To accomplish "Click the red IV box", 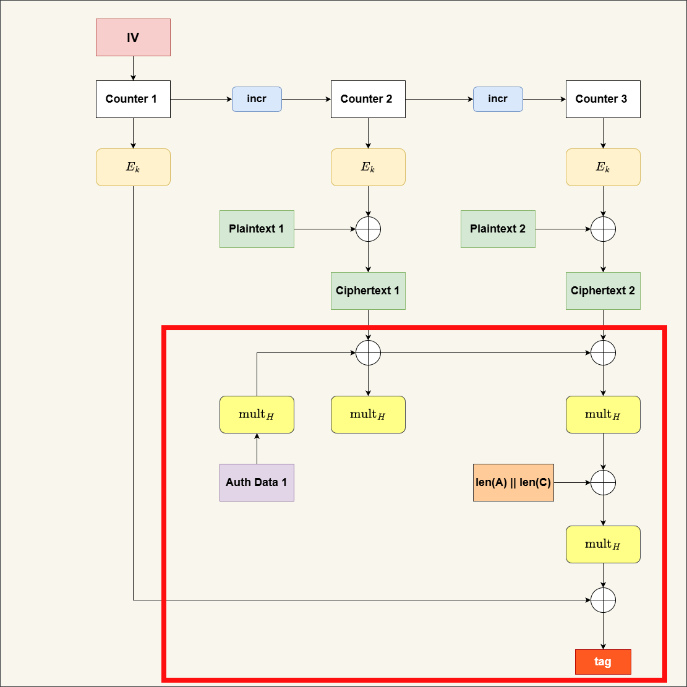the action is (x=133, y=37).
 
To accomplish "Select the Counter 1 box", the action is (x=133, y=99).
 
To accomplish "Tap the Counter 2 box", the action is (x=368, y=99).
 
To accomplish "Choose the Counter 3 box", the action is (x=603, y=99).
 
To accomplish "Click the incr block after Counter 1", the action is (x=257, y=99).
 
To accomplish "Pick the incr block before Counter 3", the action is (x=498, y=99).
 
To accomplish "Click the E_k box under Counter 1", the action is (x=133, y=167).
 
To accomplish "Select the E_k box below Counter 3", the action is (x=603, y=167).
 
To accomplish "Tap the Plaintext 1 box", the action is (x=257, y=229).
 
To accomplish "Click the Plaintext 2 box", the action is (x=498, y=229).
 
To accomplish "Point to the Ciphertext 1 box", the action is (x=368, y=291).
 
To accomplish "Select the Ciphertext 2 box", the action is (x=603, y=291).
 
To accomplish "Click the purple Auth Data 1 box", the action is (x=257, y=482).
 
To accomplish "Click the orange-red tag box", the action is (x=603, y=662).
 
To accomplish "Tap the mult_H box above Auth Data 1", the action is (x=257, y=414).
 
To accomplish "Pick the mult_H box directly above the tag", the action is (x=603, y=544).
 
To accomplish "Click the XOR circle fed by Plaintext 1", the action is (x=368, y=229).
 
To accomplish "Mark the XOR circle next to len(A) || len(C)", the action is (x=603, y=482).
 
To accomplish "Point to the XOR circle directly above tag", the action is (x=603, y=600).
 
